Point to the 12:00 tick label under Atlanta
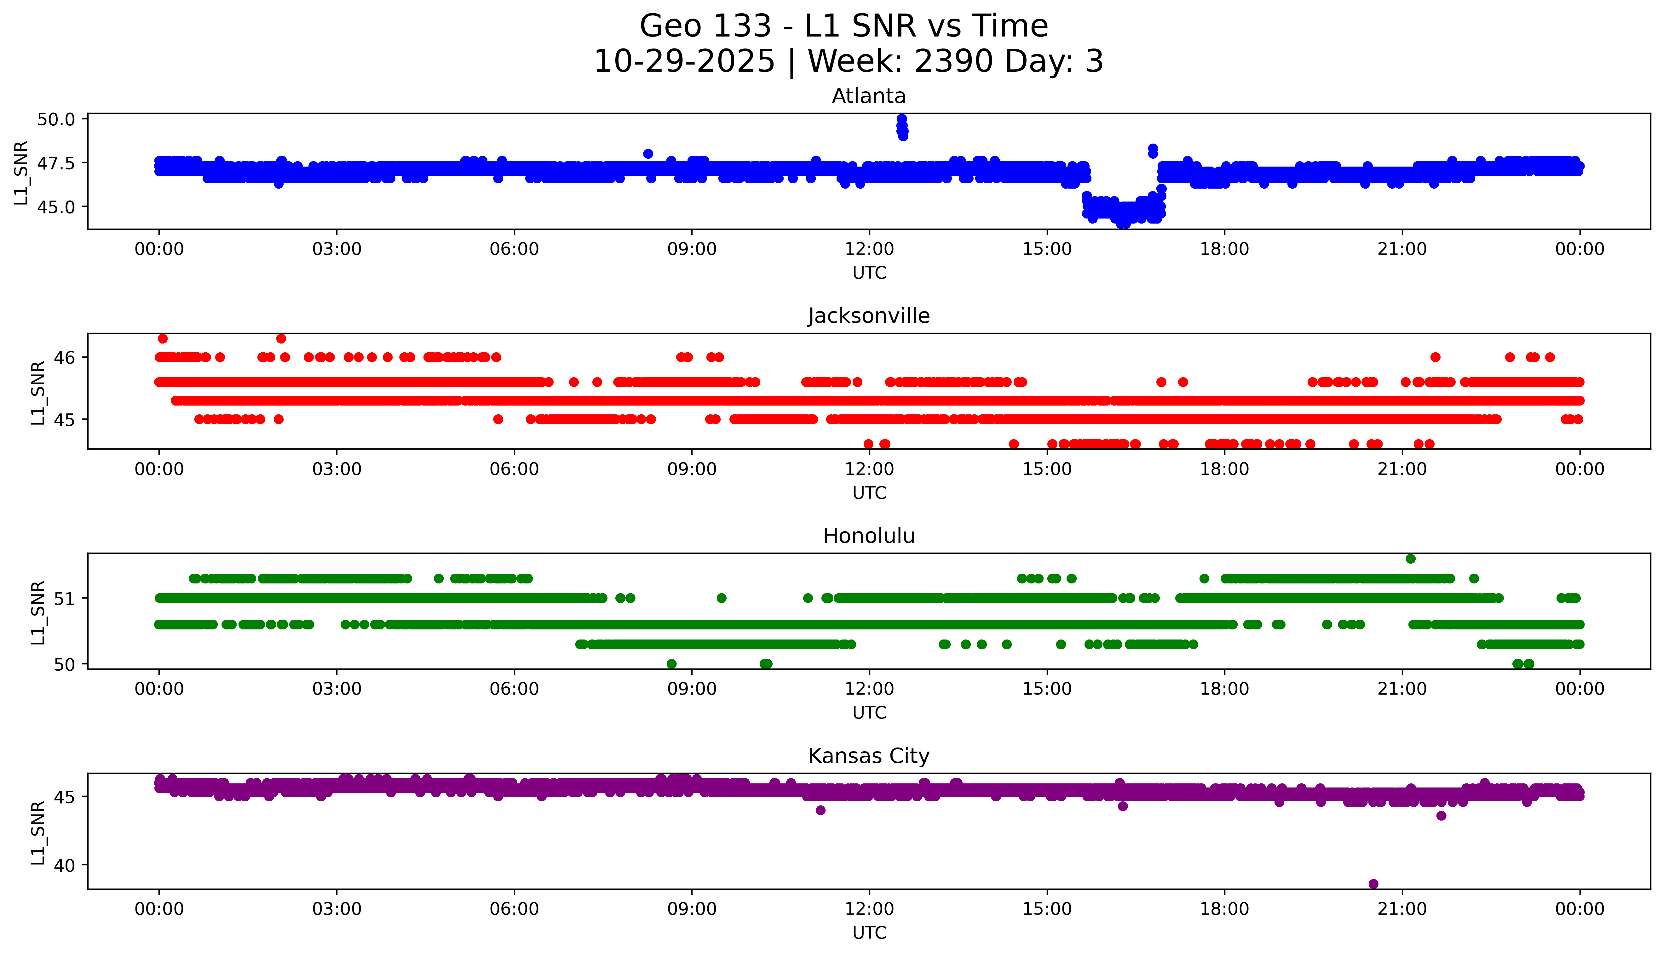(x=869, y=249)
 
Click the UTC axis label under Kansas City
(x=869, y=932)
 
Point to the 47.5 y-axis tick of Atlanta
(x=56, y=163)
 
